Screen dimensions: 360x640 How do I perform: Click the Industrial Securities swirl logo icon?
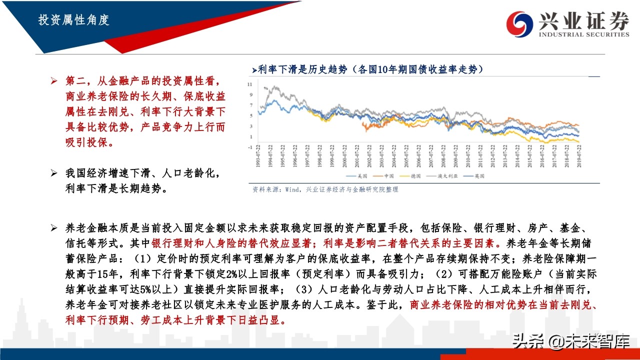click(519, 23)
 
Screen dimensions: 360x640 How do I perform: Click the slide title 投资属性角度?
click(73, 20)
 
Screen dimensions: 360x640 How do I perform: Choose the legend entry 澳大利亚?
click(441, 176)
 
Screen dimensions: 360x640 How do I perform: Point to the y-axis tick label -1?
click(250, 147)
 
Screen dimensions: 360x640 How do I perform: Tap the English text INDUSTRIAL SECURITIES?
click(583, 34)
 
